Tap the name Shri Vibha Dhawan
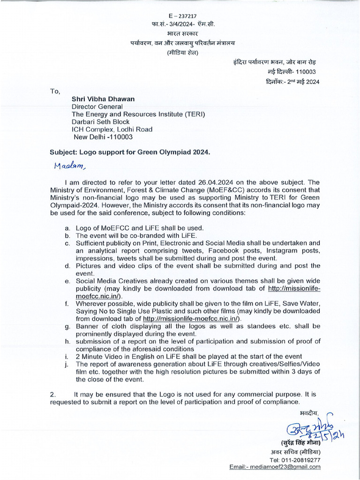click(103, 99)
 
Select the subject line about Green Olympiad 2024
click(130, 152)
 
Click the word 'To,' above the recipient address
click(55, 91)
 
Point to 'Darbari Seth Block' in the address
click(100, 122)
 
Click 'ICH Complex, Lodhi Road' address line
click(112, 129)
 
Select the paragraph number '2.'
click(53, 394)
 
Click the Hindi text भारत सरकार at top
click(183, 34)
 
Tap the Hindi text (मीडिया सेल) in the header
click(183, 52)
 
